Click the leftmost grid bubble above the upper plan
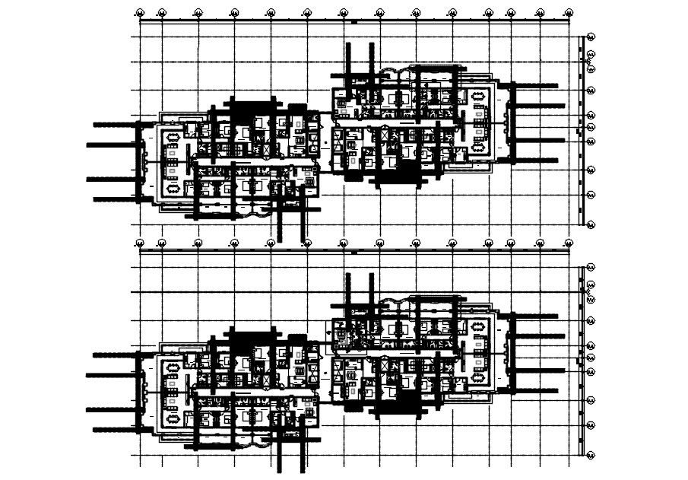140,13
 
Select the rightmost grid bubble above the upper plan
567,13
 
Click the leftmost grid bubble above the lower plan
140,243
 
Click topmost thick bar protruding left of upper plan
114,123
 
